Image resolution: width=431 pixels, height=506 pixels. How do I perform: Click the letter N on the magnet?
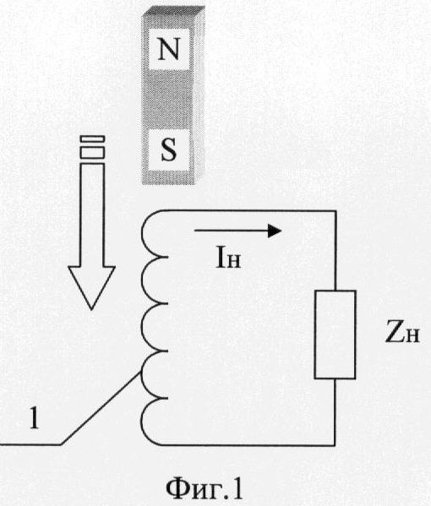(168, 49)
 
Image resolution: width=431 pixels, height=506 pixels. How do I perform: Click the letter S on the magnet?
(168, 150)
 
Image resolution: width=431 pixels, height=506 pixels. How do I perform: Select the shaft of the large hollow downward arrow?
(92, 215)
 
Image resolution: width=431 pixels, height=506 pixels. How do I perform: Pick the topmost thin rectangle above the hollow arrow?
(92, 139)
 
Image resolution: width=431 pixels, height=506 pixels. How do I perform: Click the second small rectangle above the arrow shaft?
(92, 153)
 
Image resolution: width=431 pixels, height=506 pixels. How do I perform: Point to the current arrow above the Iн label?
(238, 231)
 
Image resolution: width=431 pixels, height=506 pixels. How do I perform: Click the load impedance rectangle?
(336, 335)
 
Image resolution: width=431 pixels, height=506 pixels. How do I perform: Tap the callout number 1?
(34, 417)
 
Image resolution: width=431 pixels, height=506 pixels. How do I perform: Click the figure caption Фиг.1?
(204, 488)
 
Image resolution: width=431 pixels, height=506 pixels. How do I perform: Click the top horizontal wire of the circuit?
(249, 210)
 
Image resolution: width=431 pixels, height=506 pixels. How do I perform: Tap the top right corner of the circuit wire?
(336, 211)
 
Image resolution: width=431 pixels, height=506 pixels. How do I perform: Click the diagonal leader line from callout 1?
(101, 408)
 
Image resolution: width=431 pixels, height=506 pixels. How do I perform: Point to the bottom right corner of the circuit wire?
(336, 445)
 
